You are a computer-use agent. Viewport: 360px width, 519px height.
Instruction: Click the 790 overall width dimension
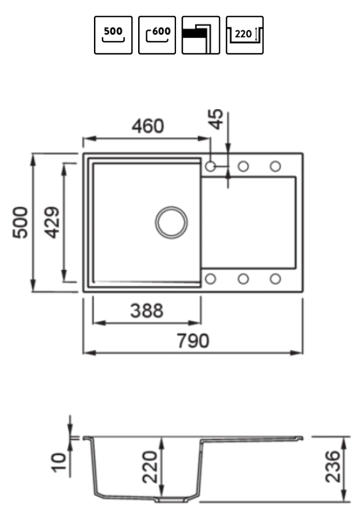(x=193, y=341)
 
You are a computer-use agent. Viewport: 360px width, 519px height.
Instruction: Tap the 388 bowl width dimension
(x=147, y=310)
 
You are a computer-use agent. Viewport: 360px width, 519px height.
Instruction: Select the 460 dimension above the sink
(x=148, y=126)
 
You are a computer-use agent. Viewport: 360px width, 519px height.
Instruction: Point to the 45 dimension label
(x=216, y=119)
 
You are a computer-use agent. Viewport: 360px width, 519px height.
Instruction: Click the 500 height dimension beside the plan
(x=21, y=222)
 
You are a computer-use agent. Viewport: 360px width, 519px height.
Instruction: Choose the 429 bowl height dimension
(x=52, y=223)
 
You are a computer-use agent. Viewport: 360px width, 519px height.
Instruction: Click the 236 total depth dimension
(x=332, y=466)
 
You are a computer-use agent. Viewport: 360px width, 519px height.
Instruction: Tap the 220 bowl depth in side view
(x=150, y=467)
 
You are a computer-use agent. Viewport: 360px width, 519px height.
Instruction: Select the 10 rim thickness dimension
(x=58, y=462)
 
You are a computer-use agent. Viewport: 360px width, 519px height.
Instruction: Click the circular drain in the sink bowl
(x=171, y=223)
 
